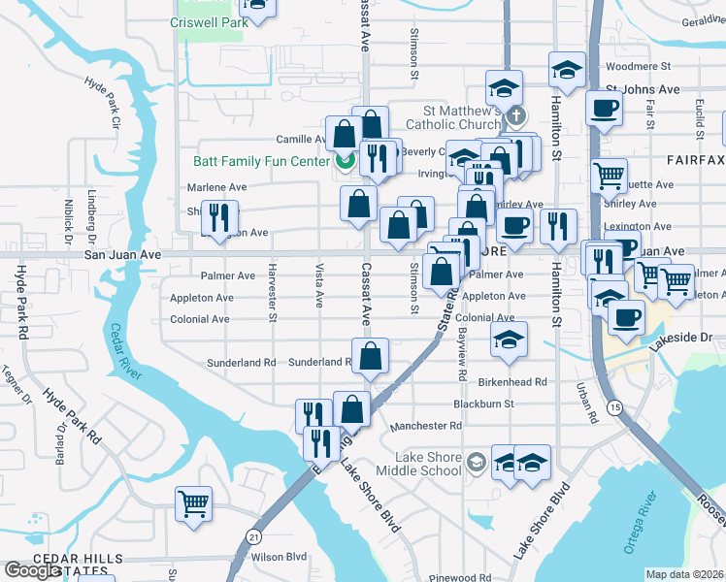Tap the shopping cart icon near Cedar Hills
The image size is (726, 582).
[x=193, y=503]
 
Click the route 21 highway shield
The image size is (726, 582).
[x=253, y=535]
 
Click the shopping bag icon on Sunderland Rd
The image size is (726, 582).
[x=370, y=357]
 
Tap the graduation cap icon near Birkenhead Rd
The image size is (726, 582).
[x=509, y=339]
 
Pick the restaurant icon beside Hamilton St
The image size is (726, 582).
[x=557, y=226]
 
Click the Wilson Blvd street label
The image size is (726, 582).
[x=279, y=557]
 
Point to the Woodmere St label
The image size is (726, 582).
[x=638, y=68]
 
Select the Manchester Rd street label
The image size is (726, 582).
[x=425, y=426]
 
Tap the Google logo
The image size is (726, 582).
[x=32, y=570]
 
